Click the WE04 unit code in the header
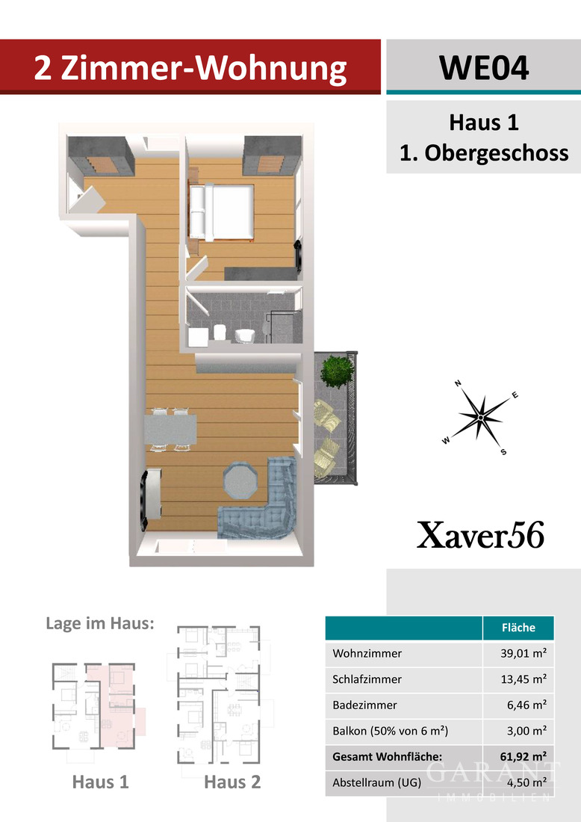click(x=484, y=67)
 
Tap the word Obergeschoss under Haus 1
click(x=496, y=153)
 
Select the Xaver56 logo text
click(x=480, y=535)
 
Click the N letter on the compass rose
click(x=458, y=383)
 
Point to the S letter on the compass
click(x=503, y=452)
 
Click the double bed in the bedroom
click(x=222, y=211)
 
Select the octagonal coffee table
click(x=240, y=480)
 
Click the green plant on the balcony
click(x=336, y=371)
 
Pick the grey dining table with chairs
click(x=171, y=430)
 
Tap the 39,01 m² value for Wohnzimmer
click(x=523, y=653)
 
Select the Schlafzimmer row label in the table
click(x=367, y=679)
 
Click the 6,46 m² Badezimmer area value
click(x=526, y=705)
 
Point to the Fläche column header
click(x=518, y=628)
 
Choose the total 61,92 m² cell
click(x=523, y=756)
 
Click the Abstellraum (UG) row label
click(x=376, y=782)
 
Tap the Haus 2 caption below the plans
click(x=232, y=782)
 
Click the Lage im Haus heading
click(x=100, y=623)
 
